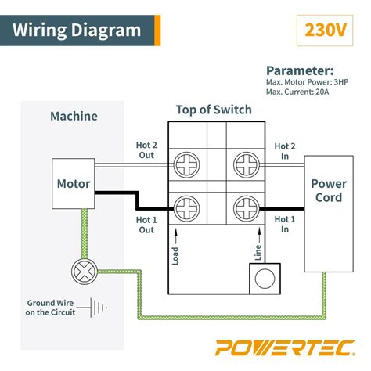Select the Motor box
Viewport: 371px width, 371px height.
point(74,185)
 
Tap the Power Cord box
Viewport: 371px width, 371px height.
point(328,191)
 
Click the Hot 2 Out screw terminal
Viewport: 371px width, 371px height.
point(188,164)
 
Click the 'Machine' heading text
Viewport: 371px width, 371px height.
point(74,117)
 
